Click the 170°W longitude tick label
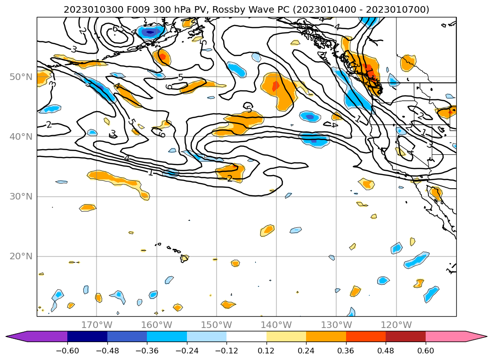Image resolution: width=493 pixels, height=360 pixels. pyautogui.click(x=97, y=325)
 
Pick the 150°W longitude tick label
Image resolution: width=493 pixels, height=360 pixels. pyautogui.click(x=217, y=325)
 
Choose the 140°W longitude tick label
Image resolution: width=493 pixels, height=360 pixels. pyautogui.click(x=276, y=325)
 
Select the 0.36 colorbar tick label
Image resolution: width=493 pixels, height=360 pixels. pyautogui.click(x=346, y=351)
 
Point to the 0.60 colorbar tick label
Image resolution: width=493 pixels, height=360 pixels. pyautogui.click(x=426, y=351)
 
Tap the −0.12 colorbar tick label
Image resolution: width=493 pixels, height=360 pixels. pyautogui.click(x=226, y=351)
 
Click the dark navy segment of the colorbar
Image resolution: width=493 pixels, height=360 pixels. pyautogui.click(x=87, y=336)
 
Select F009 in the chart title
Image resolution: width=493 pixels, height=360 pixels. pyautogui.click(x=120, y=9)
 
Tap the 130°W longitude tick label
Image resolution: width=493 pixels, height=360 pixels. pyautogui.click(x=336, y=325)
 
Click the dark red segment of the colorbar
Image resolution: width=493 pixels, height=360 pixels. pyautogui.click(x=405, y=336)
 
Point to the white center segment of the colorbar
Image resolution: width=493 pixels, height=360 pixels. pyautogui.click(x=246, y=336)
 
